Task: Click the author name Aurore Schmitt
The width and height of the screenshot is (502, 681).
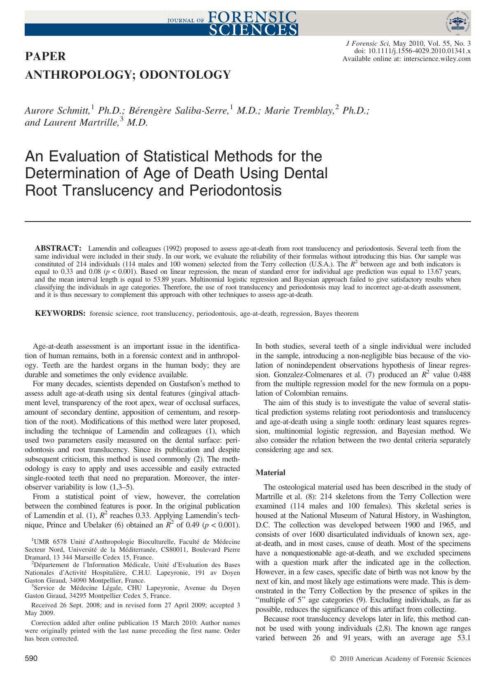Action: (57, 110)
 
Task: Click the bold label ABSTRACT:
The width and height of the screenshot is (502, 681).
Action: (57, 248)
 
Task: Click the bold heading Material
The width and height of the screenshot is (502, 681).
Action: (270, 472)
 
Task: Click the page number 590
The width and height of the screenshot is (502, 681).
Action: (31, 659)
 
